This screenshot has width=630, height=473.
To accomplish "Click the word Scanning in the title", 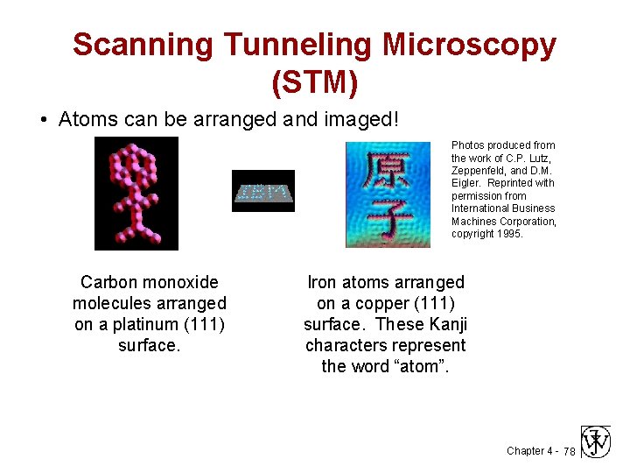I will (142, 45).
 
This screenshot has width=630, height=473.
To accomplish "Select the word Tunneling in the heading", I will (303, 45).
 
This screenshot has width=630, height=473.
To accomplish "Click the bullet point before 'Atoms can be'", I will (43, 120).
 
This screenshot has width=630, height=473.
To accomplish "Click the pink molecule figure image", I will (136, 194).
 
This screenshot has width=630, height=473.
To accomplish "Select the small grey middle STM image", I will (262, 191).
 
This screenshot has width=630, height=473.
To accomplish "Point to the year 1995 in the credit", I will (508, 234).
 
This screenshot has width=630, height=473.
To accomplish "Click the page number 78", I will (569, 451).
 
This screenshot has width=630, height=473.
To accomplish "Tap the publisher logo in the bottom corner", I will (596, 442).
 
